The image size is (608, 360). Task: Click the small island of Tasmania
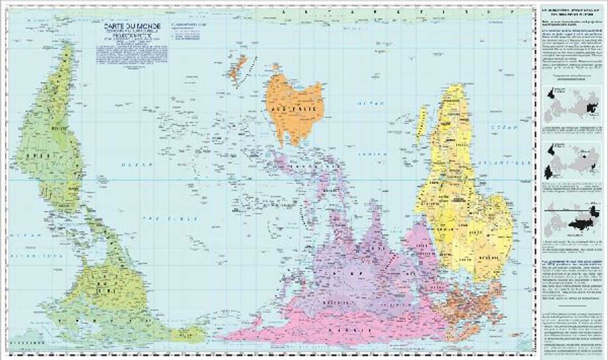(x=275, y=67)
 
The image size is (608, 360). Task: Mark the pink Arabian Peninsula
(x=418, y=238)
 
